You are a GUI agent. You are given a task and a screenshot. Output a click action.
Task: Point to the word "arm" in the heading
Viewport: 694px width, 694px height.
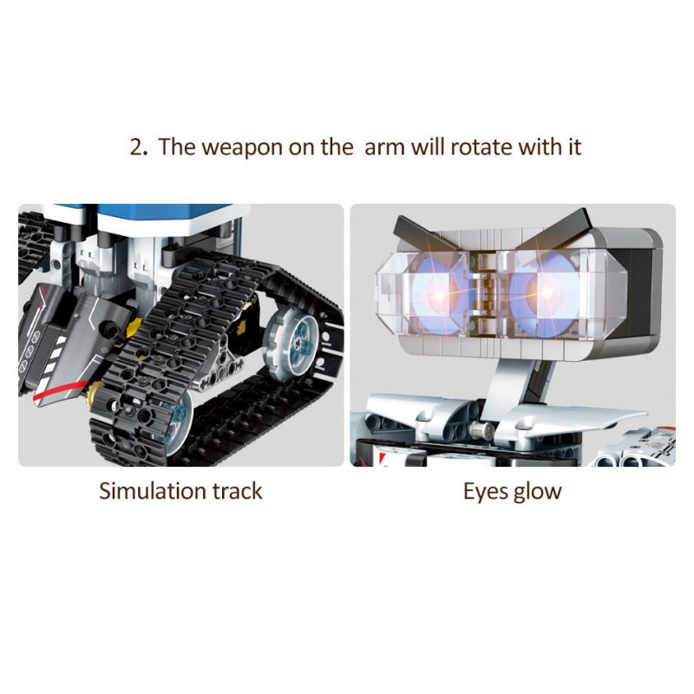[x=384, y=146]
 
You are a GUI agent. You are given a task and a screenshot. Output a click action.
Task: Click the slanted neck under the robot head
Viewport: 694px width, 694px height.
[x=511, y=373]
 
